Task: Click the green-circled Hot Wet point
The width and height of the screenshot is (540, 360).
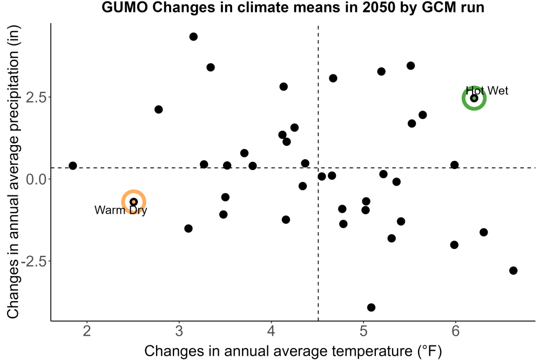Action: (x=474, y=98)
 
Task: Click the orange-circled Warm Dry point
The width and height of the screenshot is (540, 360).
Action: (x=133, y=202)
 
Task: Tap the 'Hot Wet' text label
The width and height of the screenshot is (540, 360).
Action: (x=487, y=91)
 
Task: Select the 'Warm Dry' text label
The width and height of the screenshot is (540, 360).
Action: (x=121, y=210)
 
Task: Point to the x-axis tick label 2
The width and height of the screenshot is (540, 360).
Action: (x=87, y=331)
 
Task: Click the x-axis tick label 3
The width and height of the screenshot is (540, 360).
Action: (x=179, y=331)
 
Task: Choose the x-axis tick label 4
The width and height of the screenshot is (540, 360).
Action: (x=272, y=331)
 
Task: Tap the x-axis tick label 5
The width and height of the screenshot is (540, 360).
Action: (x=363, y=331)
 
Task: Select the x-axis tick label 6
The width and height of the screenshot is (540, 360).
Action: (x=456, y=331)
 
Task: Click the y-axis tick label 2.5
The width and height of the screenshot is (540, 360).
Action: (x=36, y=97)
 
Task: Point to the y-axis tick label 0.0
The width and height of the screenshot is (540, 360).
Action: (x=36, y=179)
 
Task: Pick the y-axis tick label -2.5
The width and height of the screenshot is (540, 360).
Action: (x=33, y=261)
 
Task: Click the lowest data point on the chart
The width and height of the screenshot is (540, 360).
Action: (x=371, y=307)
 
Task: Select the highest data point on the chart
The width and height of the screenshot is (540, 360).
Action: (x=193, y=37)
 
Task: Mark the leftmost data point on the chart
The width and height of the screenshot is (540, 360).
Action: (x=73, y=166)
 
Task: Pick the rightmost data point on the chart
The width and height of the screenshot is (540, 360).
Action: (x=513, y=270)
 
